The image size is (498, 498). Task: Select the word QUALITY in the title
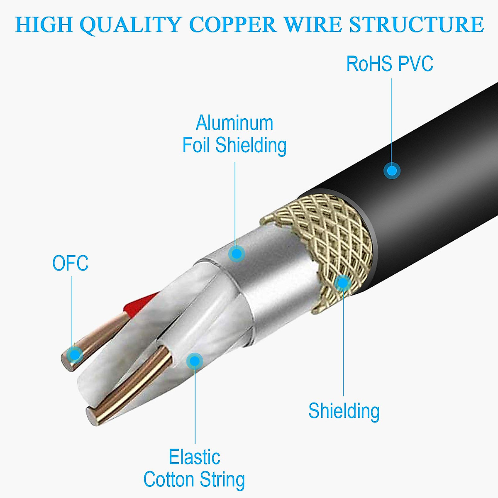129,25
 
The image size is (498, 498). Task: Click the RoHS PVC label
390,64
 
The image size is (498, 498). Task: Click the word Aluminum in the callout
234,123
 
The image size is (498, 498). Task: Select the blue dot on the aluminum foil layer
237,254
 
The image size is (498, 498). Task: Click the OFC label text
71,264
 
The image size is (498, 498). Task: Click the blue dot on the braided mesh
342,283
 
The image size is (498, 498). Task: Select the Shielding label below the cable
344,411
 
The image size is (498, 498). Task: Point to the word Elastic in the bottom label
194,457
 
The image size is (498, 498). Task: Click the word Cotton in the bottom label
169,480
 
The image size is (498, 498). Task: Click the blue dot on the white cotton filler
194,361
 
